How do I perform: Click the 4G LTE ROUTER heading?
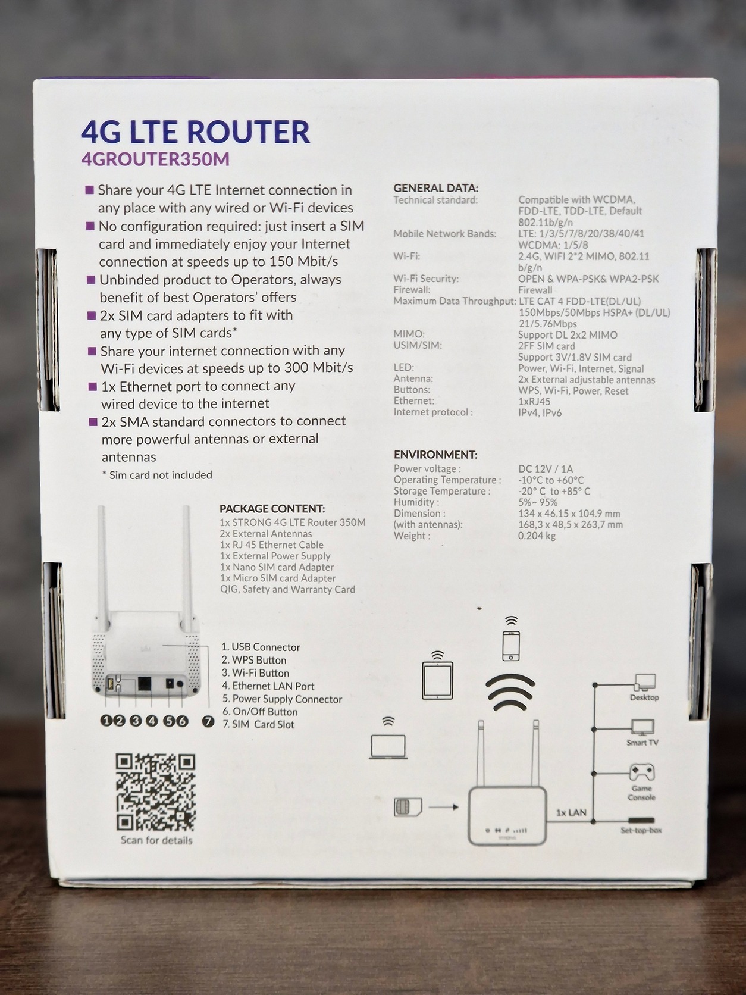[195, 132]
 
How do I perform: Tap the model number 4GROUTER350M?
[155, 159]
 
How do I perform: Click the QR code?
[155, 793]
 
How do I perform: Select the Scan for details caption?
[156, 840]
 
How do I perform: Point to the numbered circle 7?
[208, 721]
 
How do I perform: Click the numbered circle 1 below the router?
[106, 721]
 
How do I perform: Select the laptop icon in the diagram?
[388, 738]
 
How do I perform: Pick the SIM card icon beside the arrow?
[408, 808]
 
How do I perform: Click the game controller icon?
[642, 772]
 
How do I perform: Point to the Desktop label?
[644, 697]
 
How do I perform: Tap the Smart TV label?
[642, 743]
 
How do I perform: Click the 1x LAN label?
[571, 813]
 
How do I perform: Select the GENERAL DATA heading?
[435, 188]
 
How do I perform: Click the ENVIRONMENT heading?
[435, 455]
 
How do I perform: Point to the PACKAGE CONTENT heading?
[272, 509]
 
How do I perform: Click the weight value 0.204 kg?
[537, 536]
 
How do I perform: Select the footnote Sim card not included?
[157, 475]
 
